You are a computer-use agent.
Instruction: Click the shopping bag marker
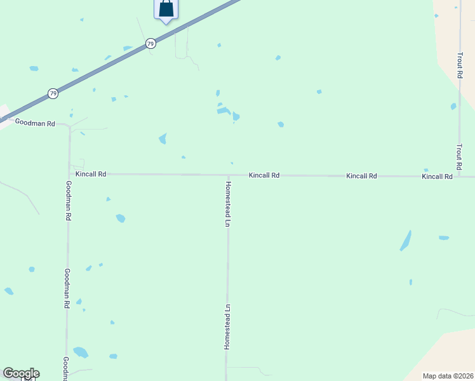[x=166, y=9]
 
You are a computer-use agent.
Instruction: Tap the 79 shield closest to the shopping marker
[x=150, y=43]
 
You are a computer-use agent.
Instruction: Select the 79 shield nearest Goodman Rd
[x=53, y=93]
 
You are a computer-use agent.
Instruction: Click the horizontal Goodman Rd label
[x=35, y=123]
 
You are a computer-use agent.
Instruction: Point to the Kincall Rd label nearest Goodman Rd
[x=90, y=173]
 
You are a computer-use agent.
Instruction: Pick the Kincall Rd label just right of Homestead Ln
[x=264, y=175]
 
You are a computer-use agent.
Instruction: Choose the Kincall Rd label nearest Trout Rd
[x=437, y=176]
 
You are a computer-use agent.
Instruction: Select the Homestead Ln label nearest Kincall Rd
[x=227, y=204]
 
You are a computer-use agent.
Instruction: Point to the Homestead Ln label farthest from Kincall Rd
[x=226, y=326]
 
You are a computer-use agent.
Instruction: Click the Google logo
[x=21, y=373]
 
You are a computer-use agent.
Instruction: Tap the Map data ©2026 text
[x=448, y=376]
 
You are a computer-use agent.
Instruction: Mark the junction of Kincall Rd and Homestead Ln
[x=228, y=175]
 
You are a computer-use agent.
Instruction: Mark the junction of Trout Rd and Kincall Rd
[x=459, y=176]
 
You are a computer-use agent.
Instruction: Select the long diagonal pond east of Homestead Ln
[x=405, y=241]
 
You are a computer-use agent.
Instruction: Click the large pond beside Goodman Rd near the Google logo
[x=81, y=352]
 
